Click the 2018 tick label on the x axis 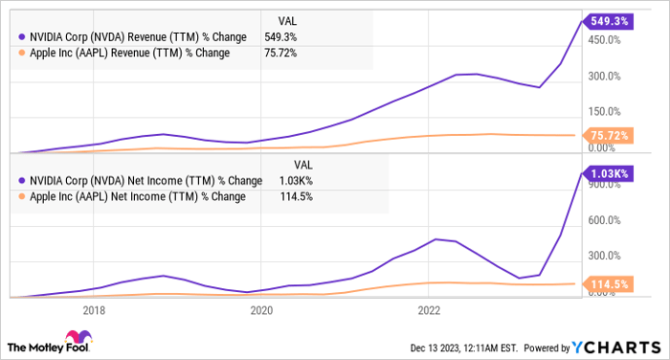[94, 310]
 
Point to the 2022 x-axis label [429, 310]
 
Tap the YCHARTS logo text [613, 347]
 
